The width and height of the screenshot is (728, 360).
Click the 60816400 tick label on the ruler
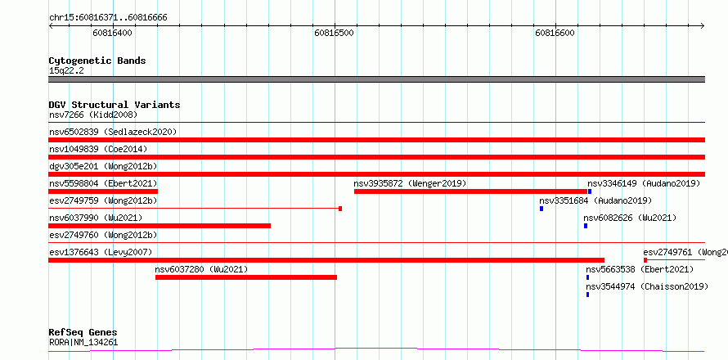click(x=112, y=33)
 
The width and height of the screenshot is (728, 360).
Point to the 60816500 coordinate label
click(x=334, y=33)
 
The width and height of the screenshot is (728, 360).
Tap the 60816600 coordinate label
click(x=555, y=33)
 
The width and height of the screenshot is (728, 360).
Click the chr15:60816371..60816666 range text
click(x=108, y=18)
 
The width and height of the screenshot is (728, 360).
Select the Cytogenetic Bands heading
click(x=97, y=61)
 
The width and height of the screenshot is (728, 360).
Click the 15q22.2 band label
click(x=66, y=70)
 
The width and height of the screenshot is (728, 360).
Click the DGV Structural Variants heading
click(x=115, y=105)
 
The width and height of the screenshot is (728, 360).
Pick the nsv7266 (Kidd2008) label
click(x=93, y=115)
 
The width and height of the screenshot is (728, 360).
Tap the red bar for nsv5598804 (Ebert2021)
click(x=103, y=191)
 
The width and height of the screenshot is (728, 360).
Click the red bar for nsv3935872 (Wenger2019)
click(x=471, y=191)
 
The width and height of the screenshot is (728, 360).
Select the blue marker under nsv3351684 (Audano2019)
click(x=542, y=209)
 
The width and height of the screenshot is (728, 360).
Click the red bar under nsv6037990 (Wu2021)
click(x=160, y=226)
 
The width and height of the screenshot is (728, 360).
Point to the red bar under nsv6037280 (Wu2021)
click(x=246, y=277)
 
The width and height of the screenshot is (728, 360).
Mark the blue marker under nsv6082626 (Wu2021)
click(x=586, y=226)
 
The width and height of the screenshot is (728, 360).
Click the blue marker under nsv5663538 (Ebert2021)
click(x=587, y=277)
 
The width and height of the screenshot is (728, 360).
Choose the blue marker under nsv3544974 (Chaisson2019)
click(x=587, y=295)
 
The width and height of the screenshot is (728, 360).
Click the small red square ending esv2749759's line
click(x=340, y=209)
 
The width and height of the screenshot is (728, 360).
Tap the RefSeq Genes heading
click(x=83, y=333)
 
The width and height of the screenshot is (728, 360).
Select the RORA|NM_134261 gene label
click(x=83, y=343)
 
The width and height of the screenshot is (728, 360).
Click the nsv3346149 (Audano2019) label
click(x=644, y=183)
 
